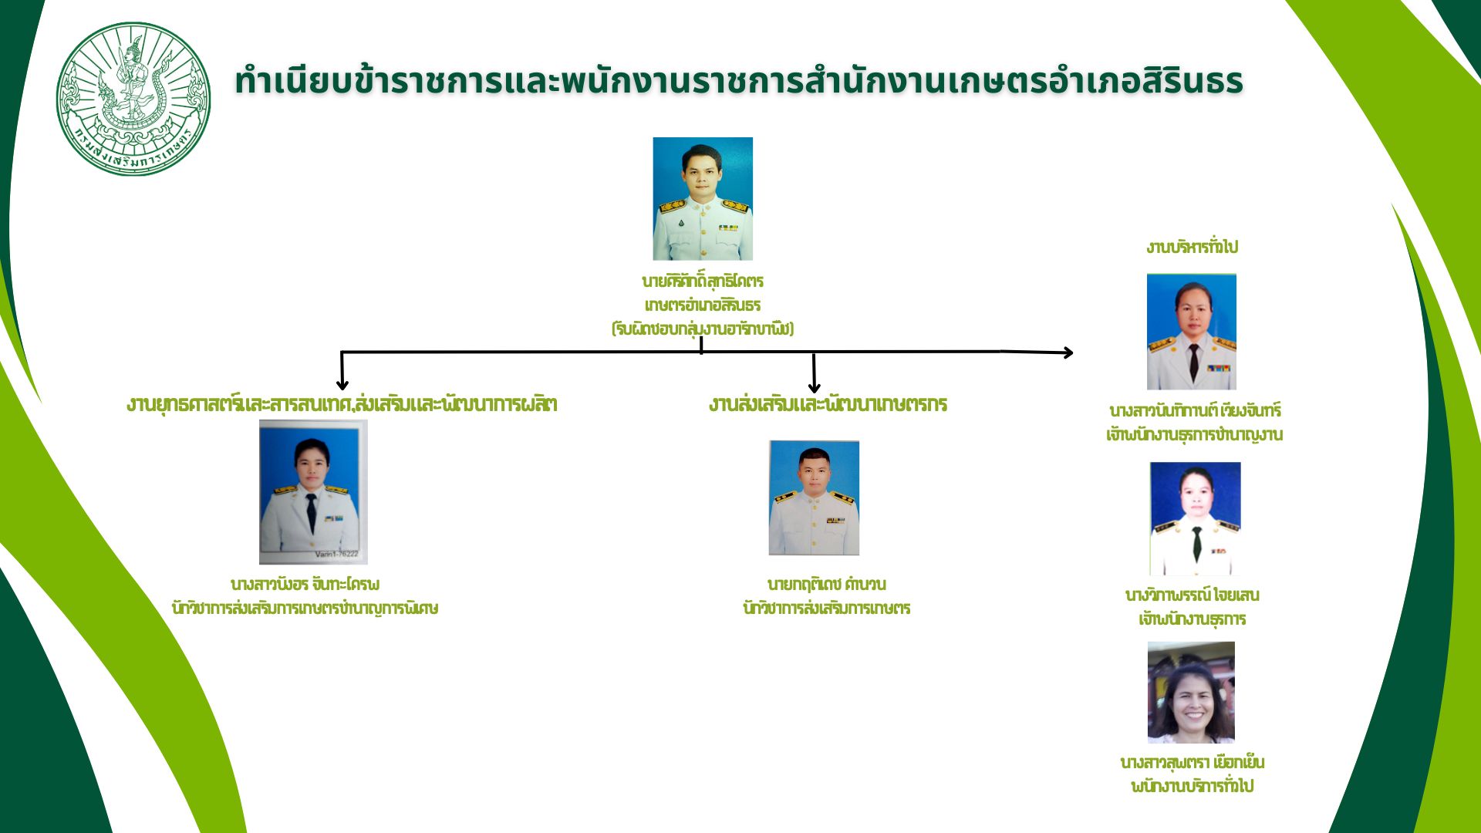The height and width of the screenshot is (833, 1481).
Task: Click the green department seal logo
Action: coord(133,99)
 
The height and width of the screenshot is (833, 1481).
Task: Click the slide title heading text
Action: coord(738,81)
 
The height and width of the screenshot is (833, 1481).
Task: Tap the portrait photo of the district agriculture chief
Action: coord(702,199)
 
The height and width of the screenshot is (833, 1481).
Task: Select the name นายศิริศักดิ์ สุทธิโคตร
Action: coord(702,281)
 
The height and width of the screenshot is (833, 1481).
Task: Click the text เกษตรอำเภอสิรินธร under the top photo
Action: coord(702,305)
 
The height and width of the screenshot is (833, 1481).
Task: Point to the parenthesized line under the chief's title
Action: coord(702,329)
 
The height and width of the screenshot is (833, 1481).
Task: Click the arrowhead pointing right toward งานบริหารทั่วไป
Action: coord(1067,352)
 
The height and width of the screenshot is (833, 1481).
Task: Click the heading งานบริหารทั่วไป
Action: coord(1191,247)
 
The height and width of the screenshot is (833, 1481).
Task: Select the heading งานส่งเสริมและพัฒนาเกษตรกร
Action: coord(827,404)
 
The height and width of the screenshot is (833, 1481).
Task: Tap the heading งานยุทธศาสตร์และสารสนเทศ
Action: coord(342,404)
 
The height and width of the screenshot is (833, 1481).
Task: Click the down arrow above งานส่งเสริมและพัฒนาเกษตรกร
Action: coord(814,385)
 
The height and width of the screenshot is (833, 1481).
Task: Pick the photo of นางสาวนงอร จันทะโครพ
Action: coord(312,492)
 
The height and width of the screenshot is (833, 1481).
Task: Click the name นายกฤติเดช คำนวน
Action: coord(826,584)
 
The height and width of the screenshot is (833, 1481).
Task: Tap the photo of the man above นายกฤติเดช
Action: coord(814,497)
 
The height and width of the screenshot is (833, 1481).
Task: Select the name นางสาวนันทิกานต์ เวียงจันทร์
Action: coord(1194,410)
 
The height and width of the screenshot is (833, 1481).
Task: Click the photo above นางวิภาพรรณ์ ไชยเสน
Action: coord(1195,518)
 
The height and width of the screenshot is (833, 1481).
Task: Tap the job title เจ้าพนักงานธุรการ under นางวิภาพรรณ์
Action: coord(1192,619)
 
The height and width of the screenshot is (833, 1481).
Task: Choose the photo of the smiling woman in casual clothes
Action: coord(1191,692)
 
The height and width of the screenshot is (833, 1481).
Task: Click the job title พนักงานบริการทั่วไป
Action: coord(1192,787)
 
